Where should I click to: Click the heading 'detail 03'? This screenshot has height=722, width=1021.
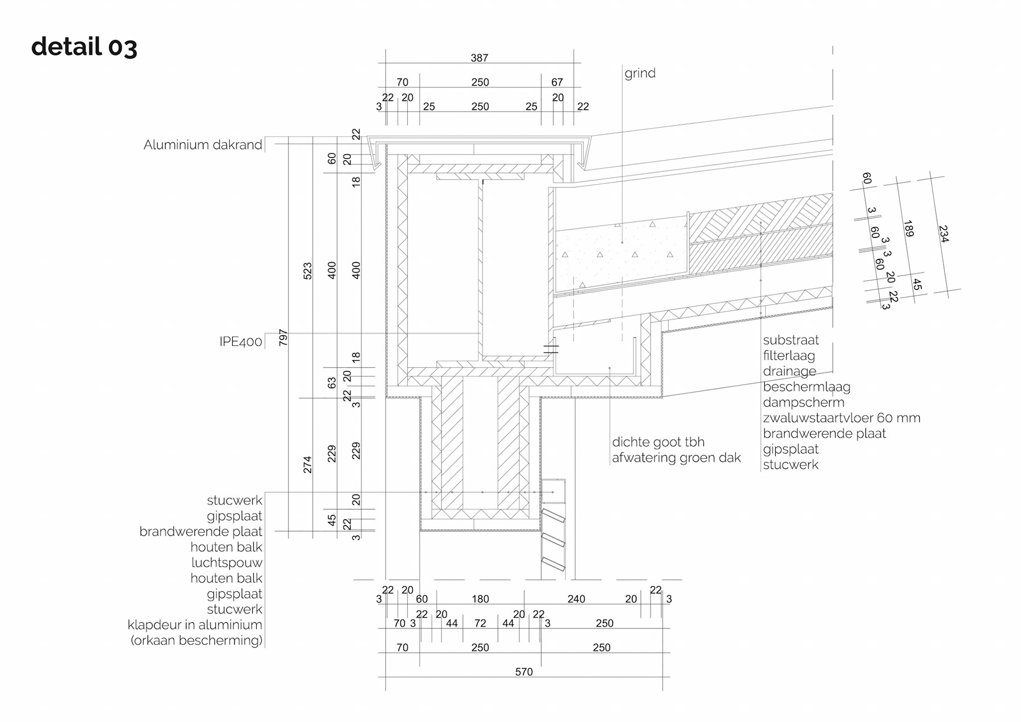84,47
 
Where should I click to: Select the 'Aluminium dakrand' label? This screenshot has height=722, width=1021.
203,145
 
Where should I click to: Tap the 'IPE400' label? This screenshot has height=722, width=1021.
240,342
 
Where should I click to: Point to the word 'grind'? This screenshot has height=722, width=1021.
640,73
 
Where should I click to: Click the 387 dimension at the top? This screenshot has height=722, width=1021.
479,58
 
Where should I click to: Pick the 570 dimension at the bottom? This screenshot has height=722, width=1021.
524,672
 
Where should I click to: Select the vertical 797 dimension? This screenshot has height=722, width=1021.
283,337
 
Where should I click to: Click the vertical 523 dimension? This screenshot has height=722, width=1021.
307,271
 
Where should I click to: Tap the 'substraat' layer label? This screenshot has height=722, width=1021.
791,340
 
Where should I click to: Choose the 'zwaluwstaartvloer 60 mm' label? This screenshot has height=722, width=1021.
841,418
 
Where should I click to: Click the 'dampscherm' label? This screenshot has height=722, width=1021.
804,403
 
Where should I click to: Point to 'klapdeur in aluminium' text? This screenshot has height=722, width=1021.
195,625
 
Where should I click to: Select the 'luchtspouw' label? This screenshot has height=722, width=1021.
227,563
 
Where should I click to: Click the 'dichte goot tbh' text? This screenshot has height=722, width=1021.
658,442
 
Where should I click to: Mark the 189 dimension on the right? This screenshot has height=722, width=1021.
908,228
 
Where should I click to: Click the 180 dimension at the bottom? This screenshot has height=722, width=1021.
480,599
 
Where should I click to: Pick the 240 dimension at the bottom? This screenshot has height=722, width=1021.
576,599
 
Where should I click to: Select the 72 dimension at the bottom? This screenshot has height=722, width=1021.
480,624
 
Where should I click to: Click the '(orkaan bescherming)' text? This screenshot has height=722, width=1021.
196,641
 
